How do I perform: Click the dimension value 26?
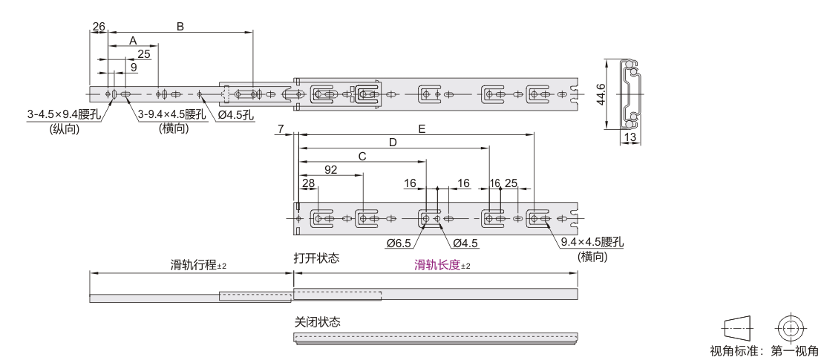click(x=99, y=27)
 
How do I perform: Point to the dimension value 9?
click(x=133, y=67)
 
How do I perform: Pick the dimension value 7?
click(x=280, y=129)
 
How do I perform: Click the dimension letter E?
click(x=421, y=129)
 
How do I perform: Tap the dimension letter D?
click(x=393, y=142)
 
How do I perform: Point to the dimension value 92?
click(x=331, y=169)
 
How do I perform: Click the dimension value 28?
click(x=308, y=183)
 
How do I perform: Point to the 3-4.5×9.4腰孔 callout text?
click(x=64, y=114)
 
